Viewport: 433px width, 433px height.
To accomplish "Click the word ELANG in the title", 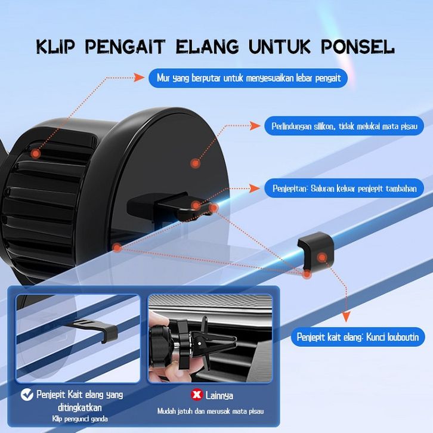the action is coord(208,47).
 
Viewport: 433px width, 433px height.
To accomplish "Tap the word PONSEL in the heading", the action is coord(358,47).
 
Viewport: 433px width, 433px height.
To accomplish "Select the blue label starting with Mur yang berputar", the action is coord(248,78).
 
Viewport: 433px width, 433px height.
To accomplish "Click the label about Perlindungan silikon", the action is coord(344,126).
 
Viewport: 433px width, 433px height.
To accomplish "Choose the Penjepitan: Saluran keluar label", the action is coord(344,188).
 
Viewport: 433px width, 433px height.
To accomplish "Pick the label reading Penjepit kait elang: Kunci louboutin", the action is coord(358,337).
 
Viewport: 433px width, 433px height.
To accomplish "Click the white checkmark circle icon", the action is coord(27,395).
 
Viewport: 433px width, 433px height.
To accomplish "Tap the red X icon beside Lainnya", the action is coord(197,395).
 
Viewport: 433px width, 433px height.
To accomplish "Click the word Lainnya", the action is coord(219,395).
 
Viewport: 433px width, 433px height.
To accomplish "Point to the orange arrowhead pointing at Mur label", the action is coord(139,78).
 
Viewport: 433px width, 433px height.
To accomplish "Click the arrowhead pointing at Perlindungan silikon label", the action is coord(255,126).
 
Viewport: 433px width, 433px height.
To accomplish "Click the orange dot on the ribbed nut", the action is coord(36,153).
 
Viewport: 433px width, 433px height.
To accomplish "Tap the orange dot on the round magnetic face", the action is coord(195,163).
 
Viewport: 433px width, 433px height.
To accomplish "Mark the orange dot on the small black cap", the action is coord(322,258).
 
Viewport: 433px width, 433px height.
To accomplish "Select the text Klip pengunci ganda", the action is coord(80,419).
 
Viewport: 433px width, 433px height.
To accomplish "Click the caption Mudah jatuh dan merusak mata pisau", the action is coord(211,411).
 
